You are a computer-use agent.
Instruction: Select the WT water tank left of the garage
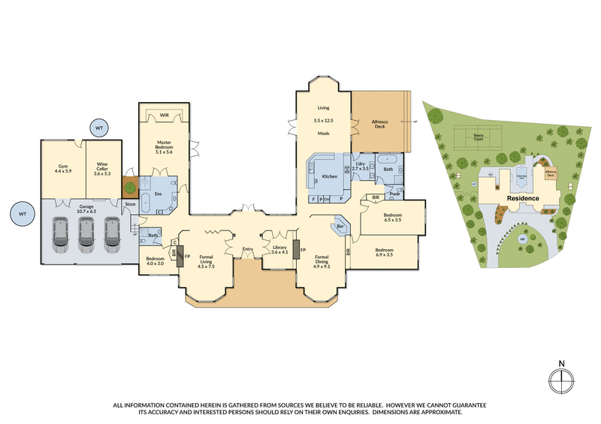(x=22, y=215)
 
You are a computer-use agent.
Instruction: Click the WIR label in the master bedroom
(x=164, y=115)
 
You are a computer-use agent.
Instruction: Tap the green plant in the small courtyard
(x=128, y=188)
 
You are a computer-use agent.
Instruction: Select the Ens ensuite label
(x=159, y=194)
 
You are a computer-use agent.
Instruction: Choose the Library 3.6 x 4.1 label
(x=279, y=249)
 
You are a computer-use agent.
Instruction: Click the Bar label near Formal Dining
(x=340, y=226)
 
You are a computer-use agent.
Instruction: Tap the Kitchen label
(x=330, y=176)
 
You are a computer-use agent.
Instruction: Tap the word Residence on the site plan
(x=523, y=198)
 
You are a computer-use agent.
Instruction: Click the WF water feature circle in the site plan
(x=522, y=239)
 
